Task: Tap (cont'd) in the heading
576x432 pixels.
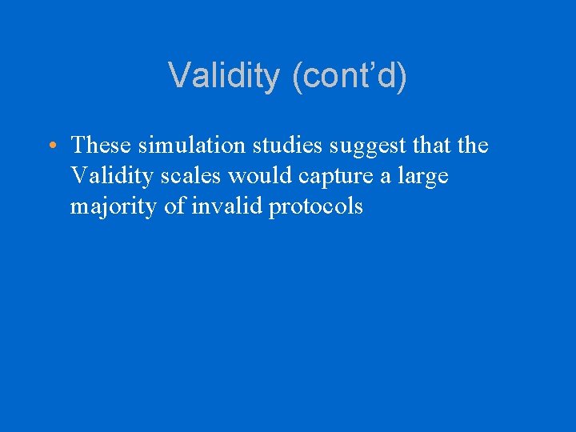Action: coord(350,77)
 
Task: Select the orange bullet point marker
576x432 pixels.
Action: coord(50,146)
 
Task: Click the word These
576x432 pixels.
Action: coord(102,146)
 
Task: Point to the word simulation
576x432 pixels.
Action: coord(186,146)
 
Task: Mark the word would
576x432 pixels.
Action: coord(255,176)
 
